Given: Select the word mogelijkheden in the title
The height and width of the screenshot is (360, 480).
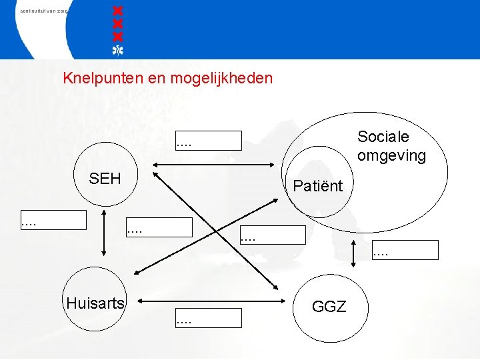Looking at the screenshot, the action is tap(221, 79).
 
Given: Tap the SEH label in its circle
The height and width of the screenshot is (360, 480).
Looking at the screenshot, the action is tap(105, 179).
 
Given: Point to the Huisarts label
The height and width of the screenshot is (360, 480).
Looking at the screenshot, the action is tap(95, 303).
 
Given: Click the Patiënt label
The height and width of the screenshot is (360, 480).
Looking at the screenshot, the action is tap(317, 186).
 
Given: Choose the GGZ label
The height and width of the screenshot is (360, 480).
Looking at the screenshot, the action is tap(329, 307).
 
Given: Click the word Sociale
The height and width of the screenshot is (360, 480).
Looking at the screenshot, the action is tap(383, 137).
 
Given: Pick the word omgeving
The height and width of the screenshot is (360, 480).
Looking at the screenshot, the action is tap(391, 155).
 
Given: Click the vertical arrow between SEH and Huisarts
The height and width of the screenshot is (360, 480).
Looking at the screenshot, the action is tap(104, 233).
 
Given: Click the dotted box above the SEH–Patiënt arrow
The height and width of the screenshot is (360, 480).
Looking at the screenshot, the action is tap(208, 141).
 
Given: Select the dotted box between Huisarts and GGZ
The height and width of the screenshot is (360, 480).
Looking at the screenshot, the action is tap(208, 318).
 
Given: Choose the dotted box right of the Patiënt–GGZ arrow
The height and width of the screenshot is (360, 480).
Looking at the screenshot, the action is tap(405, 250).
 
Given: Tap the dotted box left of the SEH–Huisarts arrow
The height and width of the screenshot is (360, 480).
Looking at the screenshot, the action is tap(53, 220).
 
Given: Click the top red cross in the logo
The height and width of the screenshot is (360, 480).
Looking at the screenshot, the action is tap(118, 12).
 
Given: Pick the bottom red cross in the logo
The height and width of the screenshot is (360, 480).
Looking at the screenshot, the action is tap(118, 35).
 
